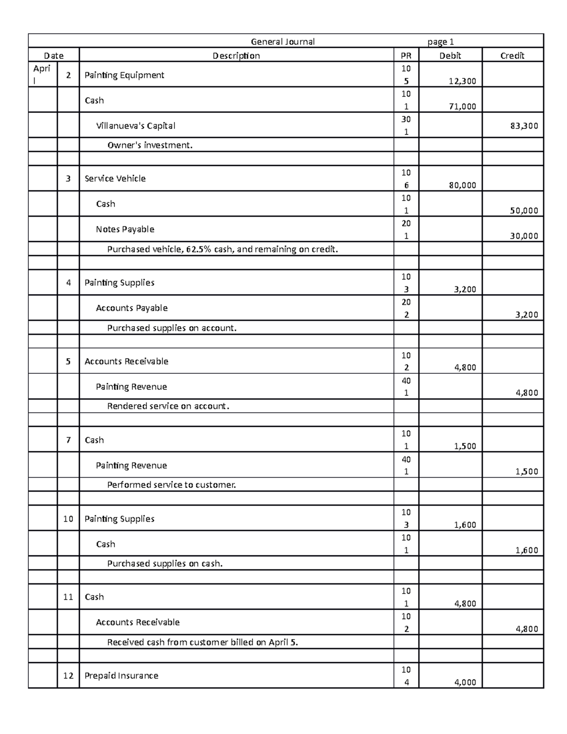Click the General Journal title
pyautogui.click(x=283, y=42)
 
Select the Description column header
pyautogui.click(x=236, y=56)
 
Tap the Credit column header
pyautogui.click(x=512, y=56)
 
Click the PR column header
pyautogui.click(x=406, y=56)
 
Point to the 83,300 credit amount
pyautogui.click(x=524, y=126)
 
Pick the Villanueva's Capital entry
pyautogui.click(x=136, y=126)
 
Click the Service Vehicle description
pyautogui.click(x=115, y=179)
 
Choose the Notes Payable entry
pyautogui.click(x=125, y=229)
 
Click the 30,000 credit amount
pyautogui.click(x=524, y=236)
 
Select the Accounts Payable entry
pyautogui.click(x=131, y=308)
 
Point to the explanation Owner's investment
pyautogui.click(x=150, y=146)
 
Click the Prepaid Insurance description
pyautogui.click(x=121, y=676)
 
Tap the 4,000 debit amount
pyautogui.click(x=465, y=682)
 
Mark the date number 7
pyautogui.click(x=69, y=440)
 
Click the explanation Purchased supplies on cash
pyautogui.click(x=164, y=564)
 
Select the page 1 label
pyautogui.click(x=440, y=42)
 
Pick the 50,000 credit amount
pyautogui.click(x=524, y=211)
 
